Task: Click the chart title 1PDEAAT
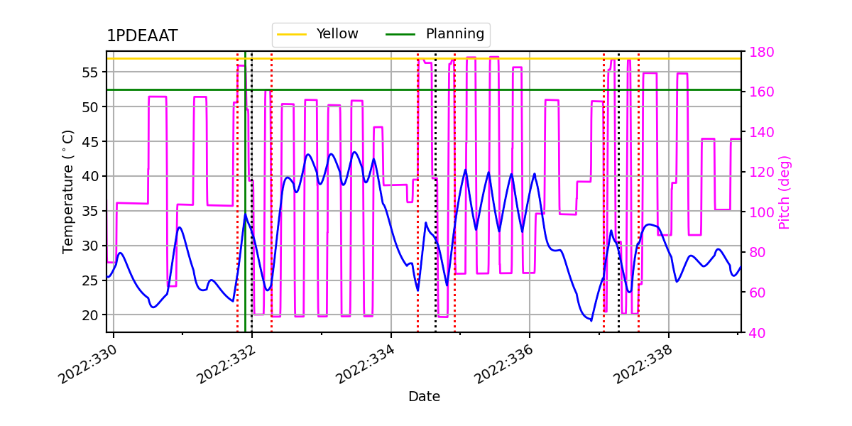pyautogui.click(x=142, y=36)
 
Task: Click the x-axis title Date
pyautogui.click(x=424, y=397)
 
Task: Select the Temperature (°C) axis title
pyautogui.click(x=68, y=192)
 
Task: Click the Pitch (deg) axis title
pyautogui.click(x=785, y=192)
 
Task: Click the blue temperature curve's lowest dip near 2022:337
pyautogui.click(x=591, y=320)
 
